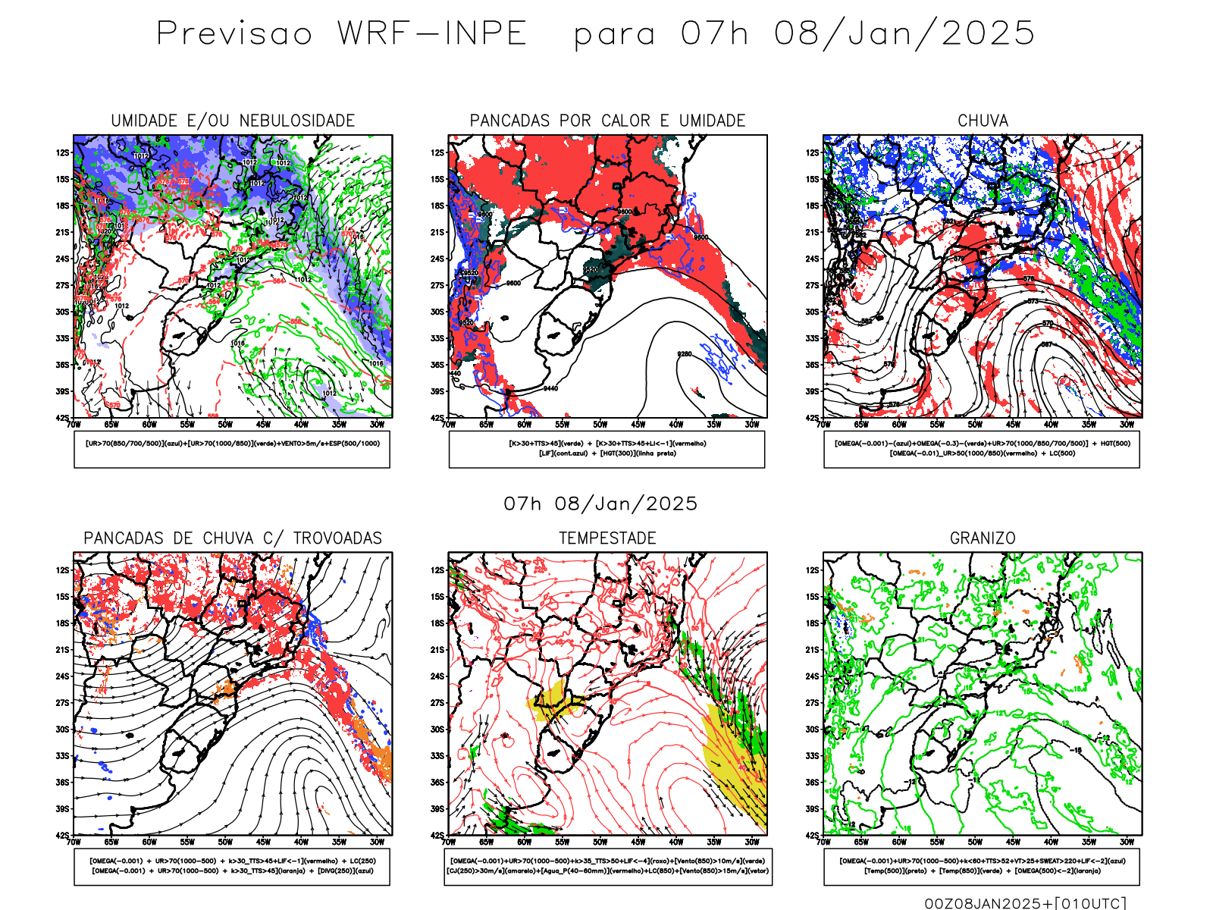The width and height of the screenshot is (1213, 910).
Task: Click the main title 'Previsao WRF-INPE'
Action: click(x=341, y=34)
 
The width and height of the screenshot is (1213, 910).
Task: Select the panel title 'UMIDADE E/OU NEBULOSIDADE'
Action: click(x=233, y=121)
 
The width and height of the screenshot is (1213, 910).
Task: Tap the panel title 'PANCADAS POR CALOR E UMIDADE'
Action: click(x=607, y=121)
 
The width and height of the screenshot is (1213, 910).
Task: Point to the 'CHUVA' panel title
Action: click(x=983, y=121)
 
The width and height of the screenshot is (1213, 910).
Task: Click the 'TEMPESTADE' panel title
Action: click(x=607, y=538)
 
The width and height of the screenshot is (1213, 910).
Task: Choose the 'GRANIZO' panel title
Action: click(x=983, y=538)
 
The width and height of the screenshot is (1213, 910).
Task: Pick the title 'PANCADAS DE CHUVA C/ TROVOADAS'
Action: click(x=233, y=538)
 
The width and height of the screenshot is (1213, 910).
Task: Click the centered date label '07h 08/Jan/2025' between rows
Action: click(x=600, y=504)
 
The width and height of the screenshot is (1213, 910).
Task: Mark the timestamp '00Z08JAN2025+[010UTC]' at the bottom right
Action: click(x=1025, y=903)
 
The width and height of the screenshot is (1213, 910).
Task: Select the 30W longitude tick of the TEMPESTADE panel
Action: click(x=751, y=842)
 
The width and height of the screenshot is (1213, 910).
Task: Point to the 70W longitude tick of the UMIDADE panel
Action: click(x=74, y=425)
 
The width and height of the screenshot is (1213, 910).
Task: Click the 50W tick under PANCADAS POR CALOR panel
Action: click(x=600, y=425)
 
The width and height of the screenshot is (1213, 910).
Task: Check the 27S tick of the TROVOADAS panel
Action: click(x=62, y=703)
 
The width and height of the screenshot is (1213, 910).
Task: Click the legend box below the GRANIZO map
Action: click(x=982, y=866)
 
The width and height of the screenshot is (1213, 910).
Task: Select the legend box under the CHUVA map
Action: click(x=982, y=449)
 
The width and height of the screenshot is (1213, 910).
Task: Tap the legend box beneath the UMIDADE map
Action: click(x=232, y=449)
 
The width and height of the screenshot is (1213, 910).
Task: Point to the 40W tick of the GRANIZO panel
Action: click(x=1051, y=842)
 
